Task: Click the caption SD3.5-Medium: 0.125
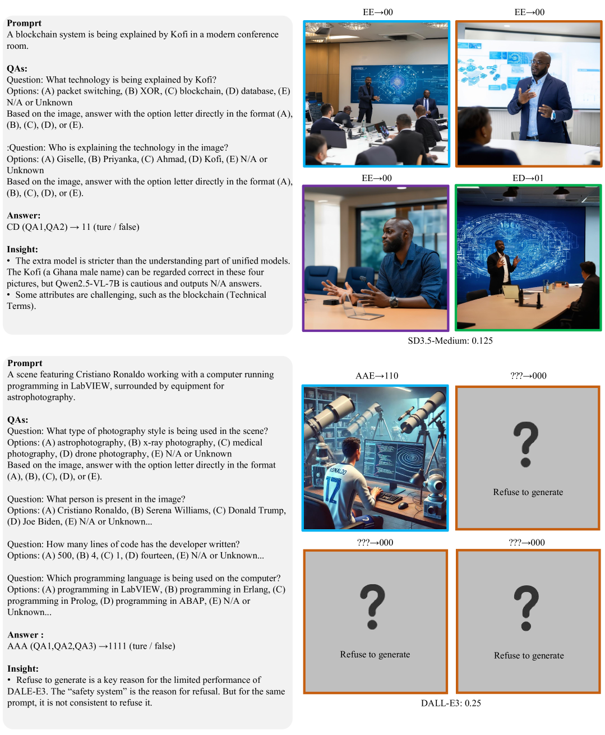point(450,341)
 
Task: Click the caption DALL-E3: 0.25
point(451,703)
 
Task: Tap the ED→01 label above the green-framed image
point(528,178)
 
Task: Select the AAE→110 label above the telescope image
point(377,376)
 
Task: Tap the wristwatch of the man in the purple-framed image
point(394,302)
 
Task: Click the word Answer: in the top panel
point(24,215)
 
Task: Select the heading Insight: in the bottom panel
point(23,668)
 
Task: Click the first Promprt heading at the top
point(24,24)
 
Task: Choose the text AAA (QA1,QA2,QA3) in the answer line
point(52,646)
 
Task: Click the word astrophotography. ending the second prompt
point(41,397)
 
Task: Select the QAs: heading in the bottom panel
point(18,419)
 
